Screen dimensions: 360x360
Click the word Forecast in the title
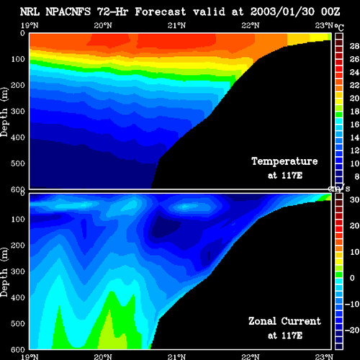(x=161, y=12)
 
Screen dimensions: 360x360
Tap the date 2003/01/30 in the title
(x=282, y=12)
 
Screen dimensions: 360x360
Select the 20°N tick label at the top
(x=103, y=25)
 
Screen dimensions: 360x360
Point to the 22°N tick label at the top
(x=251, y=25)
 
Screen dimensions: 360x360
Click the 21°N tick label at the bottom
(x=176, y=357)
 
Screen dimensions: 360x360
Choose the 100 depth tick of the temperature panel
(x=18, y=59)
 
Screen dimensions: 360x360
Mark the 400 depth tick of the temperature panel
(x=18, y=138)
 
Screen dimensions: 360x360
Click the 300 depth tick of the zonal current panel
(x=18, y=271)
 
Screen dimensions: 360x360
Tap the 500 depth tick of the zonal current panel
(x=18, y=323)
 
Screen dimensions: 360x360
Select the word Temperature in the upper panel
(x=284, y=161)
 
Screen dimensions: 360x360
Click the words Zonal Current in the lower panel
(x=284, y=321)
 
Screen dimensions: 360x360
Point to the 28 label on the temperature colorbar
(x=354, y=46)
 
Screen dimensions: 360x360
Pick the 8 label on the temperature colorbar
(x=357, y=176)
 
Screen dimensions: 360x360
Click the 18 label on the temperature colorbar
(x=354, y=112)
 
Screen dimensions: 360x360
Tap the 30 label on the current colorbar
(x=354, y=199)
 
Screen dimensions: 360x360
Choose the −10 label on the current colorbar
(x=352, y=304)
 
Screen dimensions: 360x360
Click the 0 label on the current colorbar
(x=352, y=278)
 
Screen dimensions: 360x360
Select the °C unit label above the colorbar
(x=339, y=27)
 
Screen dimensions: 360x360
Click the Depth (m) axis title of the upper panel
(x=4, y=112)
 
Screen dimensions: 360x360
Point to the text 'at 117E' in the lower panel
(x=285, y=336)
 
